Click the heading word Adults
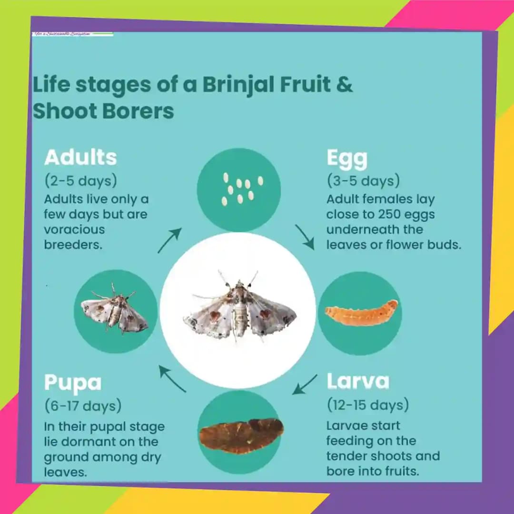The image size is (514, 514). pos(80,158)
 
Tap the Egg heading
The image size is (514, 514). pos(347,158)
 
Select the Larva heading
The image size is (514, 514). pos(358,381)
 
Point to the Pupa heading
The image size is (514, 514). pos(73,383)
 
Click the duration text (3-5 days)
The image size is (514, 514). pos(363,181)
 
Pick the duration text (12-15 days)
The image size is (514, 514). pos(368,405)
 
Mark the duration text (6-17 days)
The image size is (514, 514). pos(83,406)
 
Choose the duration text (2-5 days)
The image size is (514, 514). pos(80,181)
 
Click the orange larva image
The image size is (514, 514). pos(361,313)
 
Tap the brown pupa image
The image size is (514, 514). pos(241,435)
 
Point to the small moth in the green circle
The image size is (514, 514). pos(115,310)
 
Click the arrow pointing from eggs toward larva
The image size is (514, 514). pos(305,237)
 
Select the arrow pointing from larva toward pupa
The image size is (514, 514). pos(305,384)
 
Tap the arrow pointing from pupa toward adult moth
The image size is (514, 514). pos(172,379)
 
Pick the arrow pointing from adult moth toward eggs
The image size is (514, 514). pos(169,240)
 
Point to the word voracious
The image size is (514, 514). pos(74,229)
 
